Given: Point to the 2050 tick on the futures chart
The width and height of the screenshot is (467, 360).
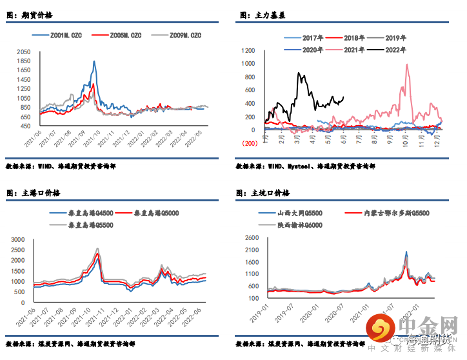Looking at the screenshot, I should click(24, 51).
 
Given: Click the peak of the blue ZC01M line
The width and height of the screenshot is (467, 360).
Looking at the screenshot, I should click(94, 62).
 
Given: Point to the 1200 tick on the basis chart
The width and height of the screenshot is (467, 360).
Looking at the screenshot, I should click(248, 50).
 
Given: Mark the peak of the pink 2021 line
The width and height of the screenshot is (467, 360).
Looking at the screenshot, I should click(407, 64).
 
